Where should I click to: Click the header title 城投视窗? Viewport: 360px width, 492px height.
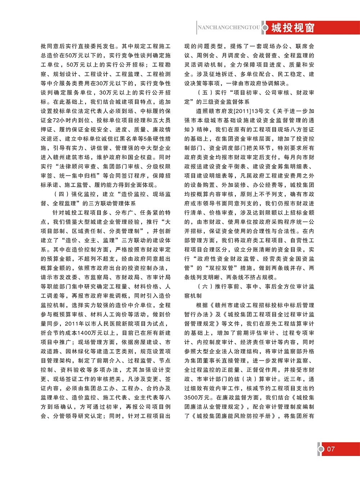click(293, 28)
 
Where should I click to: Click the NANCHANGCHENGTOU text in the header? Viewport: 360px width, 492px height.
click(229, 28)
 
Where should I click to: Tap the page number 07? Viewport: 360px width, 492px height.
click(331, 449)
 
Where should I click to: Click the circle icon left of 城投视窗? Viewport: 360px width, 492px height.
click(265, 28)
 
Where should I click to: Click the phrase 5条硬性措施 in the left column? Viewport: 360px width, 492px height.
click(154, 139)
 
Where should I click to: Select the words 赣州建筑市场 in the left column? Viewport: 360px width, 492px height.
click(72, 157)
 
